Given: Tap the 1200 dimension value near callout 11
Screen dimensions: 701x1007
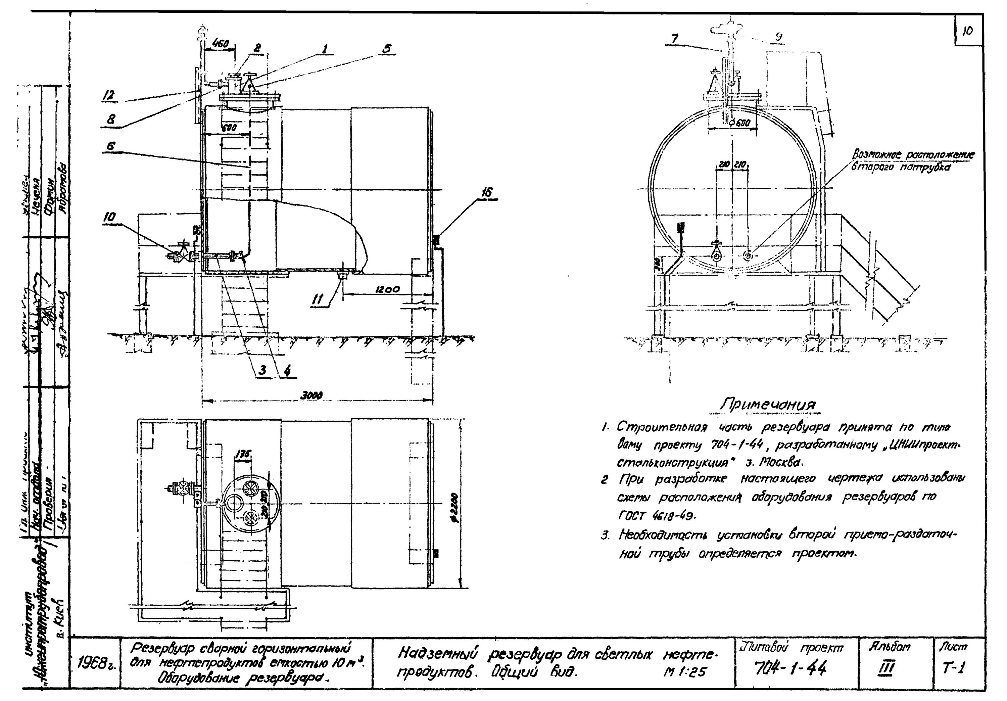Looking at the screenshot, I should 387,289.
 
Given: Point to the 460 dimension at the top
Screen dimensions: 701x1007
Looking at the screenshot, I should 220,44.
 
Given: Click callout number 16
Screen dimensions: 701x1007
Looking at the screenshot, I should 486,192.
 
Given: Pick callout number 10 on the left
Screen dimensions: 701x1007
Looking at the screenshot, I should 110,217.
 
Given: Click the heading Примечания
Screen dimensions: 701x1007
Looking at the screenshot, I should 768,405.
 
